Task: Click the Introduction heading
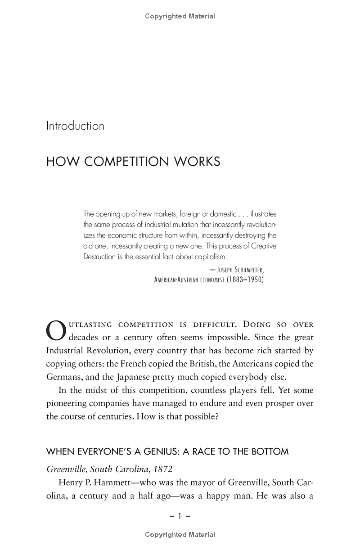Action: pyautogui.click(x=75, y=126)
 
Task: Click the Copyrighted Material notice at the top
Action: pyautogui.click(x=180, y=16)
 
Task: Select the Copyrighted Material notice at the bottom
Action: pyautogui.click(x=180, y=535)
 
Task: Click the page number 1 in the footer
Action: pyautogui.click(x=180, y=517)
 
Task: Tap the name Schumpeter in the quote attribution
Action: pyautogui.click(x=246, y=270)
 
